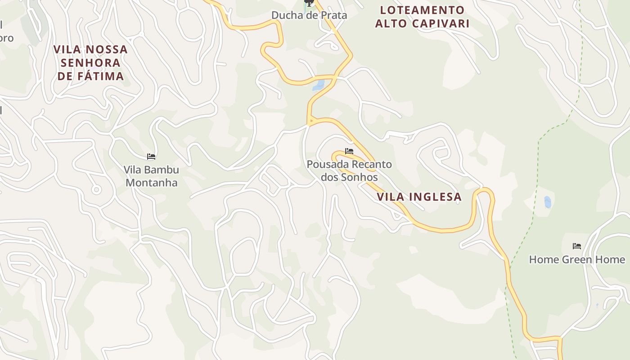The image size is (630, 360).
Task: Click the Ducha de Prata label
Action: pyautogui.click(x=309, y=15)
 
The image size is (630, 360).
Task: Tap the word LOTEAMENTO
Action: pyautogui.click(x=422, y=10)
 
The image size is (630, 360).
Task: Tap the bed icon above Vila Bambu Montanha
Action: pyautogui.click(x=151, y=157)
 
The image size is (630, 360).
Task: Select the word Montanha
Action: pyautogui.click(x=151, y=183)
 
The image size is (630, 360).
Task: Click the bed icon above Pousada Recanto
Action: pyautogui.click(x=349, y=151)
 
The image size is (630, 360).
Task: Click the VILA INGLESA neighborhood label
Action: pyautogui.click(x=419, y=197)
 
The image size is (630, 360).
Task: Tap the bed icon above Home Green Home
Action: pyautogui.click(x=577, y=246)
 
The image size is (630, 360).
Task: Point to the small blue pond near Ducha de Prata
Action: pyautogui.click(x=318, y=85)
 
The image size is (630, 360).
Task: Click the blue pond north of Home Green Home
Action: pyautogui.click(x=548, y=202)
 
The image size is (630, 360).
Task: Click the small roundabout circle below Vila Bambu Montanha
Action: pyautogui.click(x=96, y=190)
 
